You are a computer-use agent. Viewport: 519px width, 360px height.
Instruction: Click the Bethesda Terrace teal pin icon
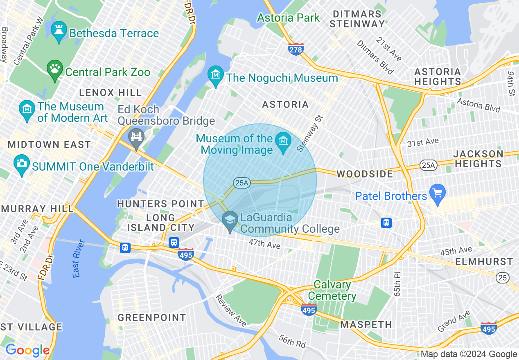tap(59, 32)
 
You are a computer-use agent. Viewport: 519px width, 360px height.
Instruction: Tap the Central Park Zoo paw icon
tap(54, 70)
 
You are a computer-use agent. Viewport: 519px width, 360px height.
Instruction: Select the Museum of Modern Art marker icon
tap(27, 110)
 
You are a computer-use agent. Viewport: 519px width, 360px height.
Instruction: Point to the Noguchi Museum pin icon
tap(215, 76)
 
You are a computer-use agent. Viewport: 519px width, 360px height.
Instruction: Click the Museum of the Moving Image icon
tap(283, 142)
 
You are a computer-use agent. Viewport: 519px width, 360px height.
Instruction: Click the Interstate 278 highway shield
tap(296, 49)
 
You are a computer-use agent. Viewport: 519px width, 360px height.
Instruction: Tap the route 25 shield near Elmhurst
tap(503, 278)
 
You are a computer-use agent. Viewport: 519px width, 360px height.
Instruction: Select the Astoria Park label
tap(288, 18)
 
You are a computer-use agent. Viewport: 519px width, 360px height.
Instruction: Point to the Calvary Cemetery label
tap(332, 290)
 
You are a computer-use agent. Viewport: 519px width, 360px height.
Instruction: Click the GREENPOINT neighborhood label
tap(152, 317)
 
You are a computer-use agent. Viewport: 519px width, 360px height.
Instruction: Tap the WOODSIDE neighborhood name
tap(365, 174)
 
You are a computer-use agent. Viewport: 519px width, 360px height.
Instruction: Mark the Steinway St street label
tap(310, 133)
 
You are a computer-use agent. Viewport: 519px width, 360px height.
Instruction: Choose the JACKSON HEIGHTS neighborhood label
tap(478, 159)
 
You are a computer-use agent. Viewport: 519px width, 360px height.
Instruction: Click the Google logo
tap(27, 350)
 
